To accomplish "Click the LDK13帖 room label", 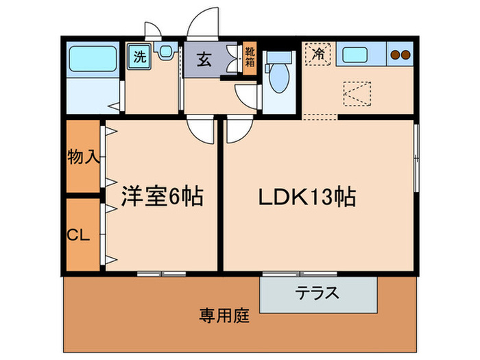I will click(x=306, y=198).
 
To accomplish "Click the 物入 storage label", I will click(x=84, y=157).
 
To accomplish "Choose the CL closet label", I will click(x=79, y=235).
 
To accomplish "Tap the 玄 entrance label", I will click(x=205, y=59).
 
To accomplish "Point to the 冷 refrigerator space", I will click(x=317, y=53).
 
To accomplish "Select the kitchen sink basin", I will click(x=357, y=54).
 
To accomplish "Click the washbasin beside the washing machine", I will click(x=165, y=51).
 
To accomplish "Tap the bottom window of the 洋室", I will click(x=161, y=274).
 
